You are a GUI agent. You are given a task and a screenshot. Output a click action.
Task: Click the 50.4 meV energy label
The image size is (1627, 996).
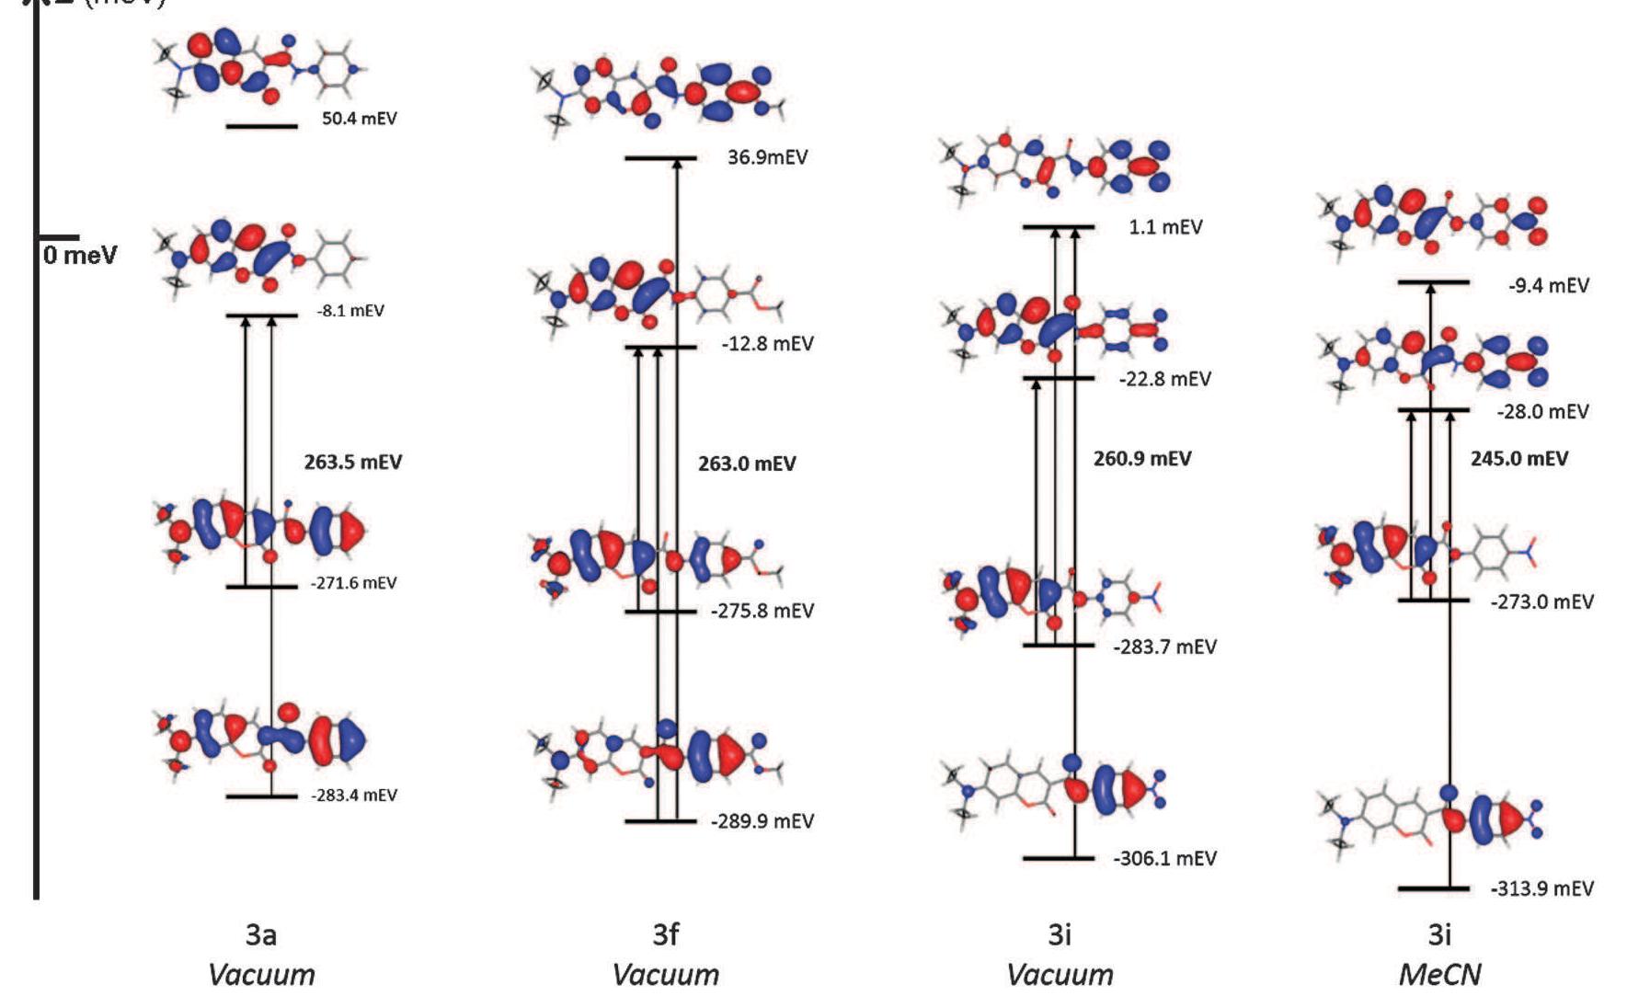tap(359, 119)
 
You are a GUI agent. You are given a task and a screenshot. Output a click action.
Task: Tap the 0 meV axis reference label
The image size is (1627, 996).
tap(80, 255)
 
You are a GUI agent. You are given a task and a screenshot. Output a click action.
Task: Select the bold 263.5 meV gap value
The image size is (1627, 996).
tap(352, 462)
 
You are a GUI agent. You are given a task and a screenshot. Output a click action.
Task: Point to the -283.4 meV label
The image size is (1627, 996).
tap(353, 795)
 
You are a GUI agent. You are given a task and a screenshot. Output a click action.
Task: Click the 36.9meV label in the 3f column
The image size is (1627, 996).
tap(767, 157)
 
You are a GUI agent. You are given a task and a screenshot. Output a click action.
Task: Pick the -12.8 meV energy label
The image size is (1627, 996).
tap(767, 344)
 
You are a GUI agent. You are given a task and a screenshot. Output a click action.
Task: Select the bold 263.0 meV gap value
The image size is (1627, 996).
tap(746, 464)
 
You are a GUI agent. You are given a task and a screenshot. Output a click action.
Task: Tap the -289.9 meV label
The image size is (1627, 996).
tap(762, 820)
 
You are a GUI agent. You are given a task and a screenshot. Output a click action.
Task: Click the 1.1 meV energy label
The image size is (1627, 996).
tap(1164, 227)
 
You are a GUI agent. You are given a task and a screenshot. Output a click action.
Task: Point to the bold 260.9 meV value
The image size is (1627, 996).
tap(1141, 458)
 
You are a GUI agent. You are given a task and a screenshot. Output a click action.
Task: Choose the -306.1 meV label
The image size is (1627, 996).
tap(1164, 858)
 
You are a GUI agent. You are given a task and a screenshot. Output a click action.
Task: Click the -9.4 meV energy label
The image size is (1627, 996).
tap(1548, 285)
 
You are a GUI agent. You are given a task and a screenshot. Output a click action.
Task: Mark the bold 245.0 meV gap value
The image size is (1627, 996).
tap(1518, 458)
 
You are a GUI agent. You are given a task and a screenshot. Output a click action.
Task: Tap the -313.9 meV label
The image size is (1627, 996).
tap(1541, 888)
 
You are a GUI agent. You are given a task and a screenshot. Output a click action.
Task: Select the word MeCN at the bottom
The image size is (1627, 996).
tap(1439, 974)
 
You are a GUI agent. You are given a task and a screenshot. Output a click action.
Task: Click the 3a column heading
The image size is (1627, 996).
tap(260, 935)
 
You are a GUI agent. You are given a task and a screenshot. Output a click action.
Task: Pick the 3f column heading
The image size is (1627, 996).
tap(665, 935)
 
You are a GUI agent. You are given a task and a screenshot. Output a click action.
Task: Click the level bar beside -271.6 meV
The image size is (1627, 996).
tap(261, 587)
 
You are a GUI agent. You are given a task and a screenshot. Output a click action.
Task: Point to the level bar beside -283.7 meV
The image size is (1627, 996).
tap(1058, 646)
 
